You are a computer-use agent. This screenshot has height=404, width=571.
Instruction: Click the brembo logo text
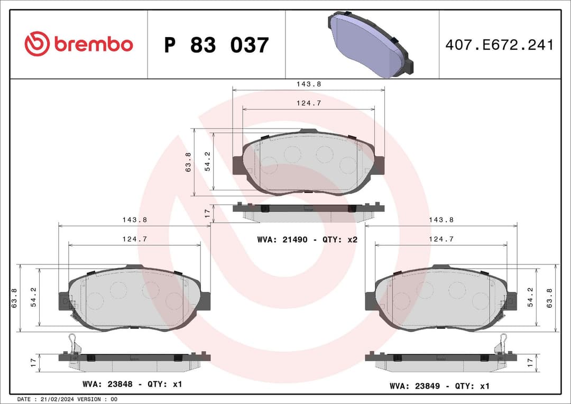pos(93,45)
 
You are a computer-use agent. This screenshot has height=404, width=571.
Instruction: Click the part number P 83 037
pos(216,45)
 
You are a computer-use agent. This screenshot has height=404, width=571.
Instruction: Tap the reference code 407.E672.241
pos(499,45)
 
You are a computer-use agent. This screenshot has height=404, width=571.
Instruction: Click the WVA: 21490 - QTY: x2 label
pos(307,240)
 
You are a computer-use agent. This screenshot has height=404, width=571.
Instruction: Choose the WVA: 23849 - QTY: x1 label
pos(439,387)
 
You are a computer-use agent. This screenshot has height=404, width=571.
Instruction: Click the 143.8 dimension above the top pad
pos(308,84)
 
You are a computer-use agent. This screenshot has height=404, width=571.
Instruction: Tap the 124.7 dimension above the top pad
pos(308,103)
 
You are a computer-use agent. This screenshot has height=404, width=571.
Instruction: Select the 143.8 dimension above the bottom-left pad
pos(134,219)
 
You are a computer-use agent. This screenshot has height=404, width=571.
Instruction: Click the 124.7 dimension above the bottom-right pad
pos(441,239)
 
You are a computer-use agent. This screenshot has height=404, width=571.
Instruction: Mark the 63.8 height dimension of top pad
pos(188,161)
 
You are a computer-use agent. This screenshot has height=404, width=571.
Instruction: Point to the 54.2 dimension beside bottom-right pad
pos(531,298)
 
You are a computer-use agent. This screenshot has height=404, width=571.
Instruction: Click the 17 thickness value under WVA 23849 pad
pos(531,362)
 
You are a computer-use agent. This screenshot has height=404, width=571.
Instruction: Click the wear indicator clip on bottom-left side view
pos(73,343)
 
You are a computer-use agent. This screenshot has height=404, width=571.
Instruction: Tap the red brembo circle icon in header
pos(37,44)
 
